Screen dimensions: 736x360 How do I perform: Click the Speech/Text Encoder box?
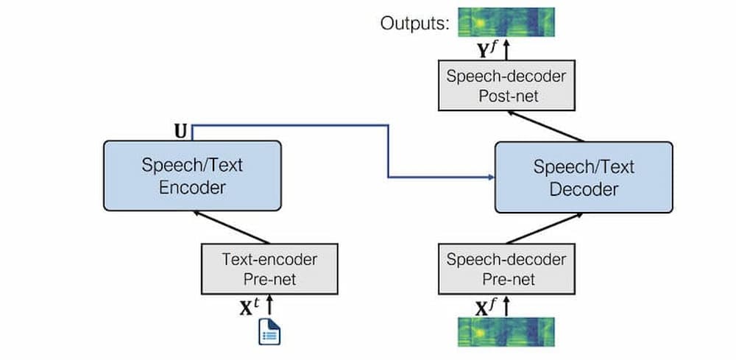point(192,175)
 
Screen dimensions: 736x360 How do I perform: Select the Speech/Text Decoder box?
point(584,177)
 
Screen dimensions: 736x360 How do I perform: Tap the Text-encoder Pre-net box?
point(269,269)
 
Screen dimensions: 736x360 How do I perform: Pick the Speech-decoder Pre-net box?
point(506,269)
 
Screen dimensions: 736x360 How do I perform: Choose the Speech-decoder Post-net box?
point(506,85)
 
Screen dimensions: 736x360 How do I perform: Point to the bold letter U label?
point(180,133)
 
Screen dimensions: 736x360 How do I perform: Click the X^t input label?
point(250,307)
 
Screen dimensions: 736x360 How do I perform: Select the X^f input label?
point(486,308)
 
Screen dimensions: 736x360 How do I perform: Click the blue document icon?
point(269,332)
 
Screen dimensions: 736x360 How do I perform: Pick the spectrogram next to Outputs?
point(506,22)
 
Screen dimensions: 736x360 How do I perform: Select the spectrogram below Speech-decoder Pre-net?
point(506,332)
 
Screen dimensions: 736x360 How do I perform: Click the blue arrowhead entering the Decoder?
point(492,177)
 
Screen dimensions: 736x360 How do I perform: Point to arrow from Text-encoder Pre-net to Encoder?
point(232,227)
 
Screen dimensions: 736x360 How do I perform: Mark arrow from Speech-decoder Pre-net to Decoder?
point(545,228)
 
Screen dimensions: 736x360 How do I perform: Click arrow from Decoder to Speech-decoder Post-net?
point(545,127)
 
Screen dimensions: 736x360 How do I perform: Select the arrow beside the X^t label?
point(269,306)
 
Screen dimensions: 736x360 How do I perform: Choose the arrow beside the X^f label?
point(506,306)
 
